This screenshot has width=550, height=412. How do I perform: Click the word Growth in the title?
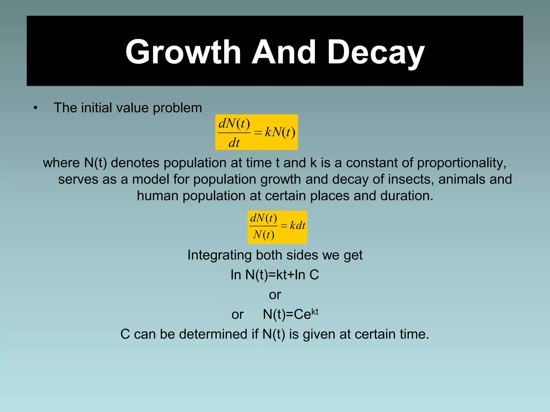[x=183, y=52]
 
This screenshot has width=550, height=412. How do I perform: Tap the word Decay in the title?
[x=376, y=52]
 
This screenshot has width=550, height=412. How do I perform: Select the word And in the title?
[x=283, y=52]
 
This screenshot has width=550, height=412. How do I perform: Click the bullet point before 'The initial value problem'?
[x=35, y=108]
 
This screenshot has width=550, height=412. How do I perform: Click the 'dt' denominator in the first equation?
[x=234, y=142]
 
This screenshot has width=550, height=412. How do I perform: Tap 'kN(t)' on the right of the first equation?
[x=280, y=132]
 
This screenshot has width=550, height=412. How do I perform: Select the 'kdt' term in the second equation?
[x=297, y=226]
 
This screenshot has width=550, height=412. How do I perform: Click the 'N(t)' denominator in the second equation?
[x=263, y=235]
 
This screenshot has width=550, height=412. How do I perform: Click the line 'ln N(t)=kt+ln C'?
[x=275, y=275]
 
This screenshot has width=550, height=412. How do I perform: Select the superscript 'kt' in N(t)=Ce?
[x=314, y=312]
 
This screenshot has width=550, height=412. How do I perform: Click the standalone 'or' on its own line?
[x=275, y=295]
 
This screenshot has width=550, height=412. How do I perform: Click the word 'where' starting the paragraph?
[x=61, y=163]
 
